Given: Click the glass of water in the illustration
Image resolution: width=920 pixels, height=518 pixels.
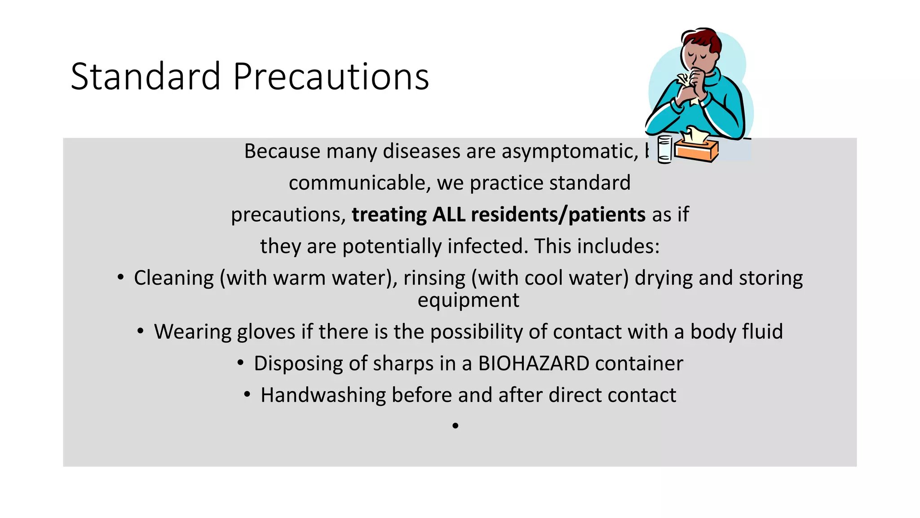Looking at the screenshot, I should pos(665,149).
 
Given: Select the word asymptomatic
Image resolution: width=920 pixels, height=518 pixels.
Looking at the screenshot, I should pos(570,151).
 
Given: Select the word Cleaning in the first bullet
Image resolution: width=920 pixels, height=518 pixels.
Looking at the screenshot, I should pos(174,278).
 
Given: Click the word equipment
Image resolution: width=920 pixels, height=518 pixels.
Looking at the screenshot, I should pos(468,300).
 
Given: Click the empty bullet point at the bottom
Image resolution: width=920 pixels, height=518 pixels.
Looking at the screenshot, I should pos(455,425).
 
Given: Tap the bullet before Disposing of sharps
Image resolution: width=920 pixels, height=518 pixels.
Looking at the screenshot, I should pos(241,362).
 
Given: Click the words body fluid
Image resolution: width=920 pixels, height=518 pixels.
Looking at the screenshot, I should pos(736,332).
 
